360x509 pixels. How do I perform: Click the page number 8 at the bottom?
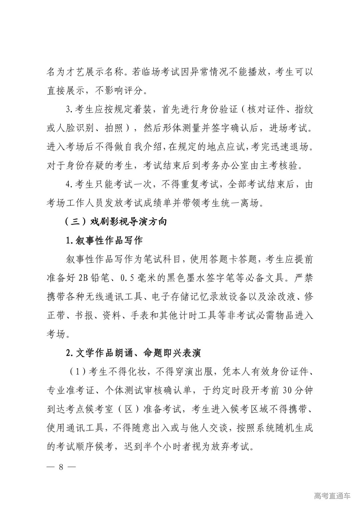point(61,466)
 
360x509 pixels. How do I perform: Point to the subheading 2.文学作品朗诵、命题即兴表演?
point(133,353)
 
